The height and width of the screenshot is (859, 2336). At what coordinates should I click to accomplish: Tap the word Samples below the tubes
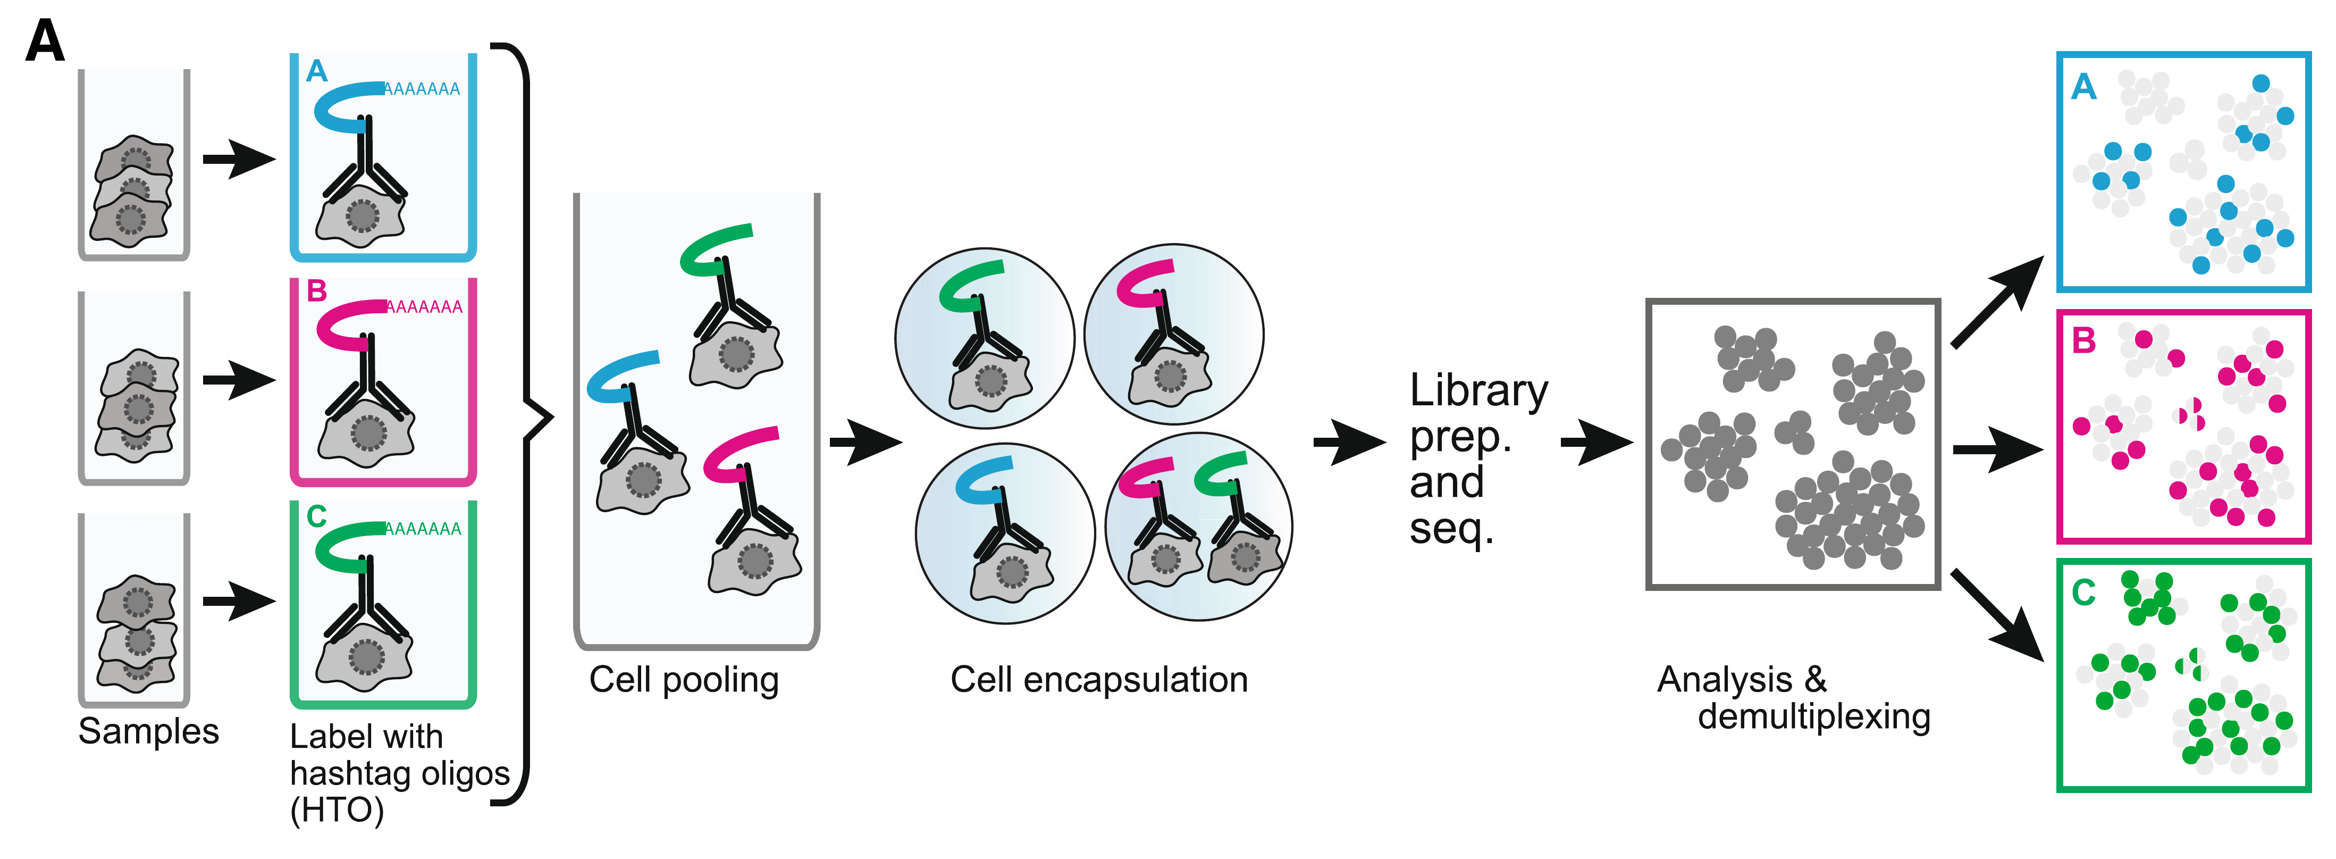click(149, 731)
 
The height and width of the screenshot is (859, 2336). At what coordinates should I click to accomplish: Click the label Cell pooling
click(684, 679)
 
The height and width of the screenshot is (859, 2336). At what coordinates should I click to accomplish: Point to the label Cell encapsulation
click(1099, 679)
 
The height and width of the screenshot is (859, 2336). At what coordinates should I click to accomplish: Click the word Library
click(1478, 391)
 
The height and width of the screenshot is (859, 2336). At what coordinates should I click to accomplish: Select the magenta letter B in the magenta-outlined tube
click(316, 291)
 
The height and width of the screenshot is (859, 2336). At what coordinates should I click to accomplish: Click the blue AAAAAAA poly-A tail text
click(422, 89)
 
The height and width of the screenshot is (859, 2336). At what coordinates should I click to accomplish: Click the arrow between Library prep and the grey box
click(1596, 443)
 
